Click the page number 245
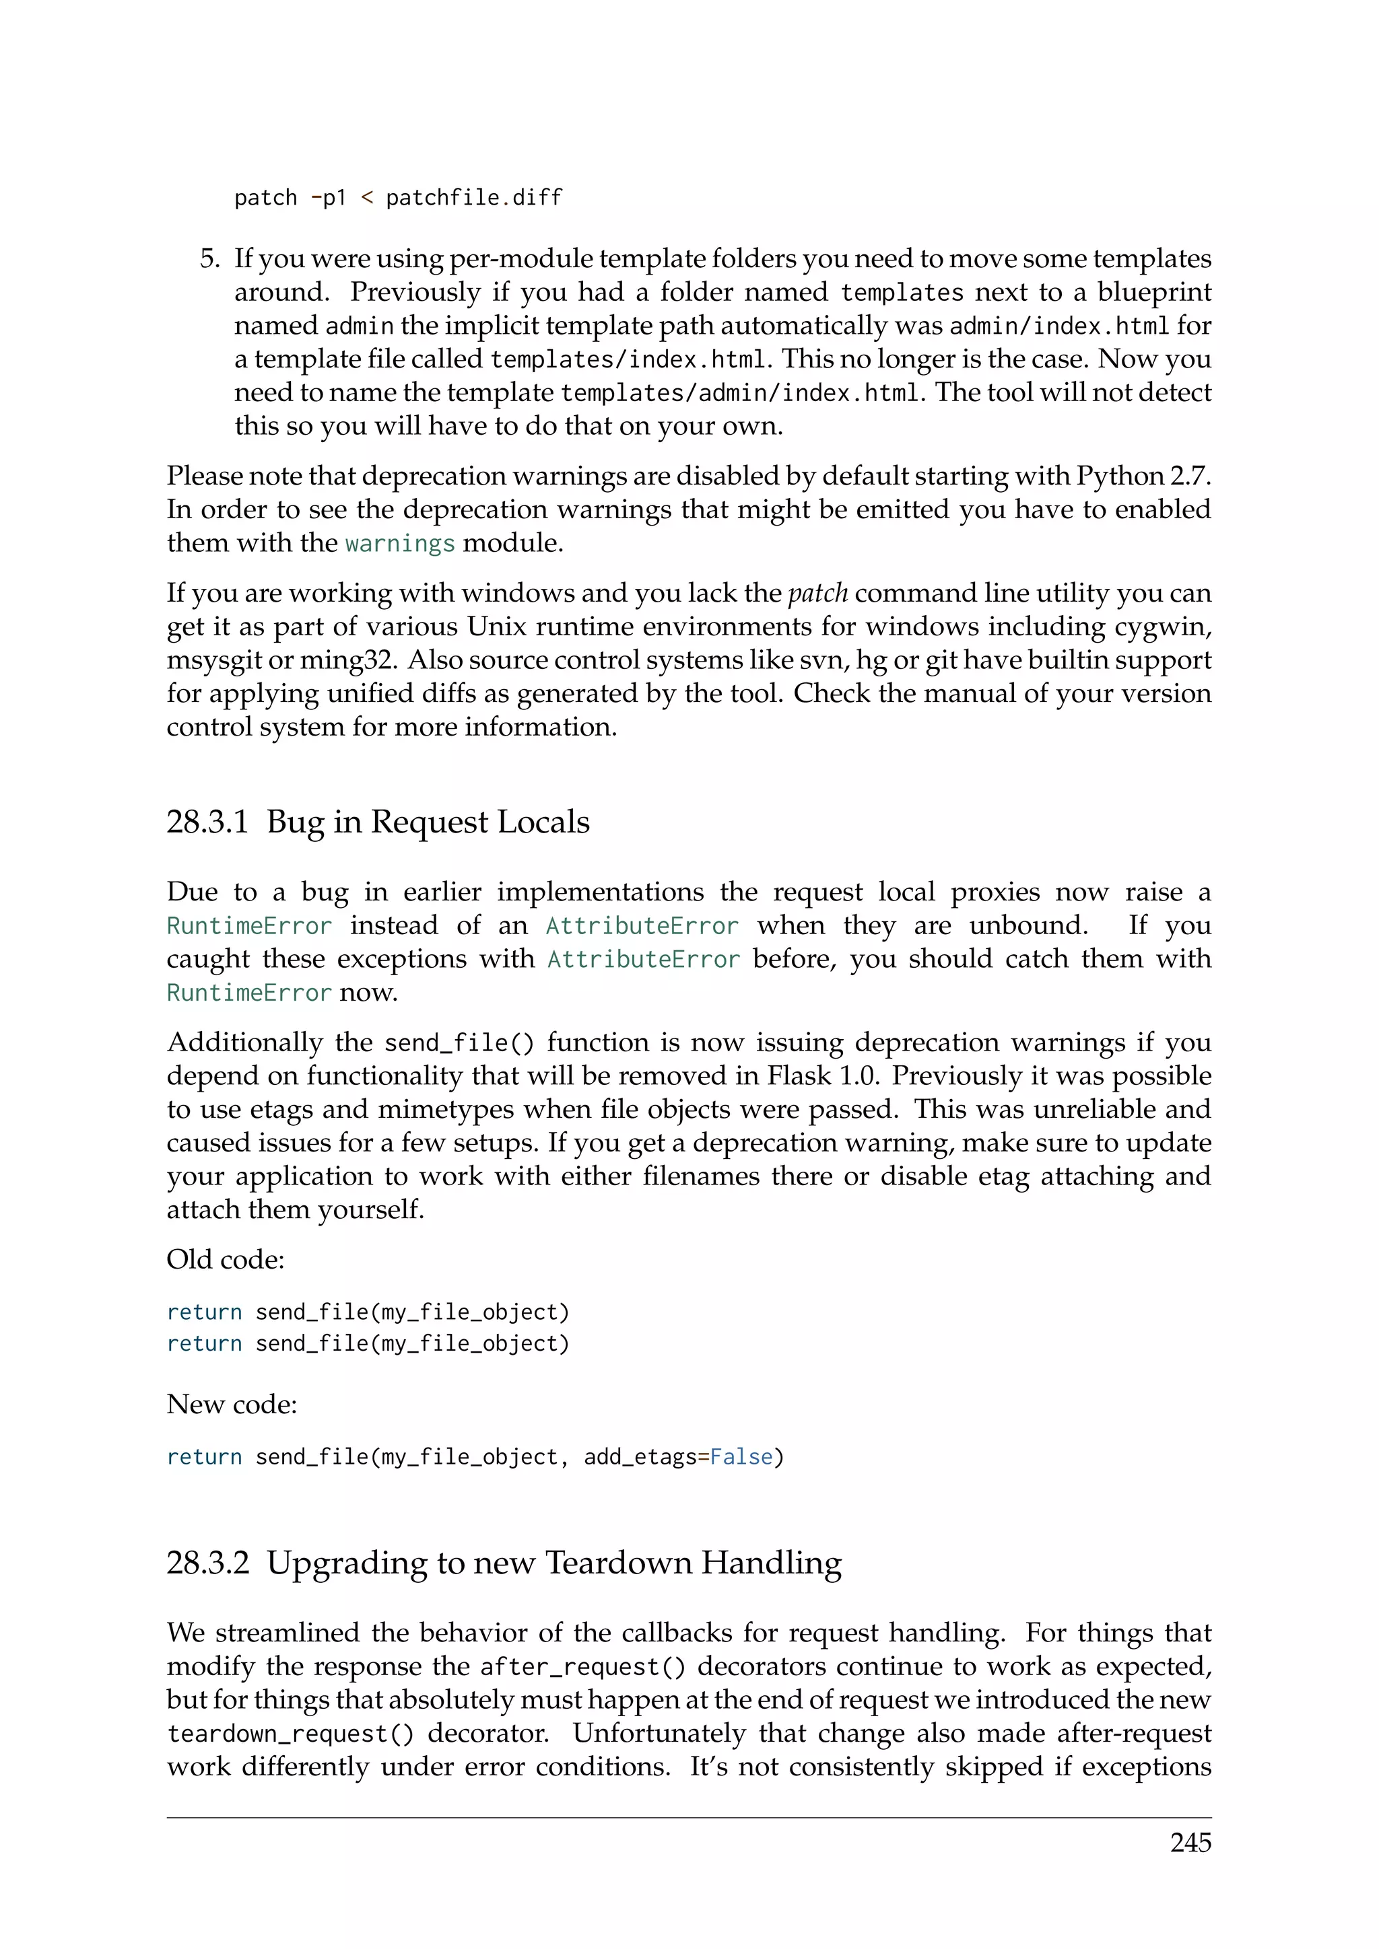pos(1190,1843)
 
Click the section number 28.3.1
pos(207,822)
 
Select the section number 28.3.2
pos(208,1563)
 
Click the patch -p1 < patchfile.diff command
pos(398,198)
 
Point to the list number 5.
pos(209,258)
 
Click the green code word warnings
pos(400,543)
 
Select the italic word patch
pos(817,592)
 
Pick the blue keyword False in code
pos(741,1456)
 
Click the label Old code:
pos(225,1260)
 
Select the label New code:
pos(232,1404)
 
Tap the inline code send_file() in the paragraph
pos(459,1042)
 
